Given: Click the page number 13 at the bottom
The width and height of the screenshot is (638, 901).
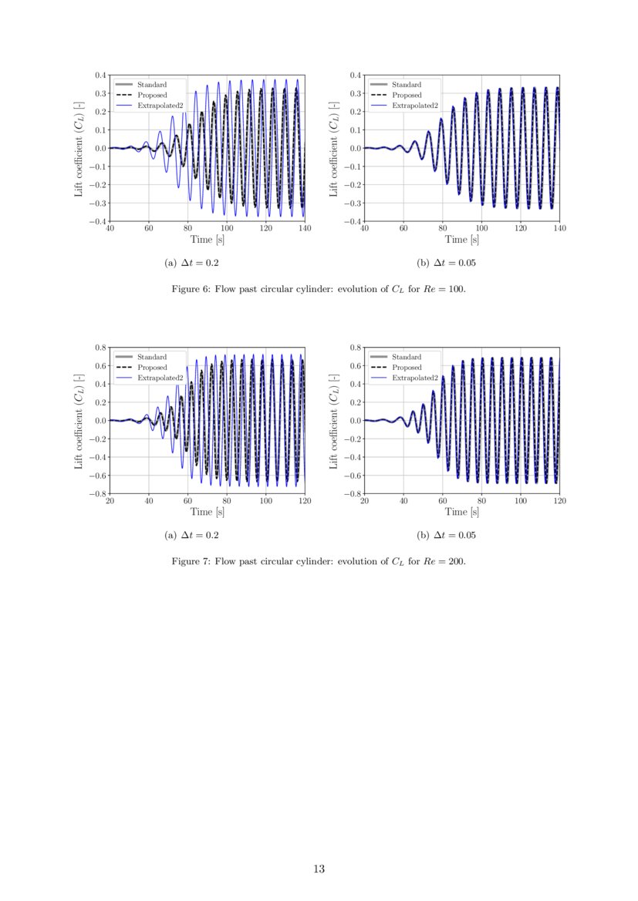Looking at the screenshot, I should (x=319, y=869).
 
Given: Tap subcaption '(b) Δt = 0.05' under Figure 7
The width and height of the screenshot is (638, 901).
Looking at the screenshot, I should (x=446, y=535).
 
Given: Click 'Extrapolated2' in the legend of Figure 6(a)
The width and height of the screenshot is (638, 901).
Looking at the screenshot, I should (x=160, y=105).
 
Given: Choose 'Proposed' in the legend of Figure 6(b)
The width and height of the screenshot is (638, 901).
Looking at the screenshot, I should (x=407, y=95).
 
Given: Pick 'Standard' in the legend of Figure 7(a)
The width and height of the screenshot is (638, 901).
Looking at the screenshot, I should (x=152, y=357).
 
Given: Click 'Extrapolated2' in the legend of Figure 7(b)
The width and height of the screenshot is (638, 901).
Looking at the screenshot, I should (x=414, y=378).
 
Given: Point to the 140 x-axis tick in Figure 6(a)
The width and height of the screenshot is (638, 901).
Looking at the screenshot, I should (x=305, y=229).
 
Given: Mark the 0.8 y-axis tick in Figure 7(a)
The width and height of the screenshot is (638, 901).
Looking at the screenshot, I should (x=100, y=348).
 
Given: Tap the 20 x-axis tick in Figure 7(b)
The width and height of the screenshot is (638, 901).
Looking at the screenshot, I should (x=364, y=501).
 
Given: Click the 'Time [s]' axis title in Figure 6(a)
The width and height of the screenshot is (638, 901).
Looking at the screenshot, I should (x=208, y=240).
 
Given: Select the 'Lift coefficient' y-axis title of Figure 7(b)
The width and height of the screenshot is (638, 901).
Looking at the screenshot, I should (x=334, y=420).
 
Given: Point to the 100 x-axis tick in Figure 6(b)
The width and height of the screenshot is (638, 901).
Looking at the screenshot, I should (x=481, y=229).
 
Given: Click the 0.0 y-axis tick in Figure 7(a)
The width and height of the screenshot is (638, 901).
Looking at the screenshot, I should (x=100, y=421).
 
